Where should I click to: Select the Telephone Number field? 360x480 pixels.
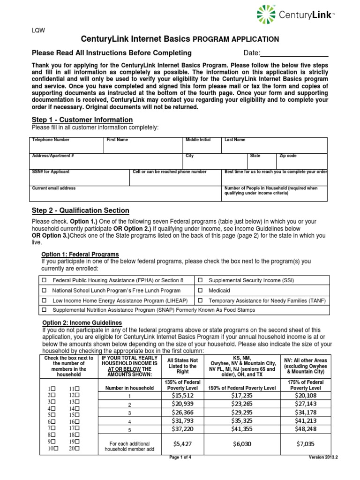(67, 145)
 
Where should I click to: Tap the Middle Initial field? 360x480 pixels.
(203, 145)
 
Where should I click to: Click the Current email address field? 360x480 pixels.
(126, 193)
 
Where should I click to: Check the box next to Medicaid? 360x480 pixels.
(200, 291)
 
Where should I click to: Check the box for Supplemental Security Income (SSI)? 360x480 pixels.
(200, 280)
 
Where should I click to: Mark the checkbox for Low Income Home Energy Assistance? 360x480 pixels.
(45, 300)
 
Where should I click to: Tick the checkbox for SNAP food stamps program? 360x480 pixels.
(45, 310)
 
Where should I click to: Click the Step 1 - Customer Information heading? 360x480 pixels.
(82, 120)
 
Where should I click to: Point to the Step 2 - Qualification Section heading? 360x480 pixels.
(80, 210)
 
